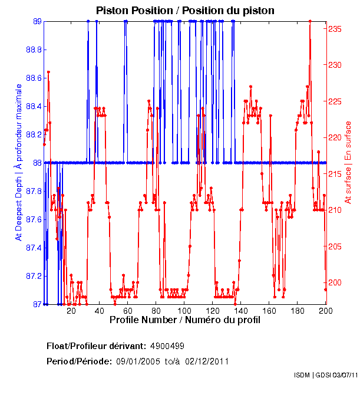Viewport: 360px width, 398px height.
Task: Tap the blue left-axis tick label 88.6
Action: tap(33, 78)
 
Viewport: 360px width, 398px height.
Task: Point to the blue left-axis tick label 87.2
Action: tap(33, 276)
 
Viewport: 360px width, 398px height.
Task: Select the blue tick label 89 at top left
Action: tap(37, 21)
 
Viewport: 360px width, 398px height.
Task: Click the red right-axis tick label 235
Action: tap(335, 28)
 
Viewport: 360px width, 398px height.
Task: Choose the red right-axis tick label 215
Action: tap(335, 173)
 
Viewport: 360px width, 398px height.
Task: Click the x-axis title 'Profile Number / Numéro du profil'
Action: tap(184, 321)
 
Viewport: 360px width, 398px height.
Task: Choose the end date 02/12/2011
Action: tap(207, 361)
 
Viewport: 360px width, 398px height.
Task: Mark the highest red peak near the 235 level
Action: tap(310, 22)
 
